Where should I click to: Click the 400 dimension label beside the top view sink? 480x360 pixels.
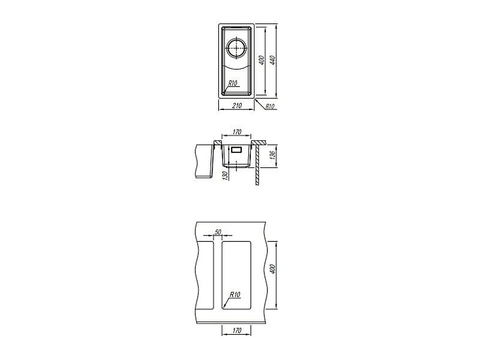click(262, 60)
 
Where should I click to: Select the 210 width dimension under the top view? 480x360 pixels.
click(237, 106)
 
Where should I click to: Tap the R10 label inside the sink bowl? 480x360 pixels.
click(233, 83)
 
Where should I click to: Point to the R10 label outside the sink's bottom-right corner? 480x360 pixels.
click(270, 106)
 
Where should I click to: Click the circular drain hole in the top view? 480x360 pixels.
click(236, 49)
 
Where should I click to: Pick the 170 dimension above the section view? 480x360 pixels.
click(237, 132)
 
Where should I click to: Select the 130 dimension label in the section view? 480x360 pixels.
click(225, 176)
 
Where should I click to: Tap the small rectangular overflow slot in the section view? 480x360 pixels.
click(236, 150)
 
